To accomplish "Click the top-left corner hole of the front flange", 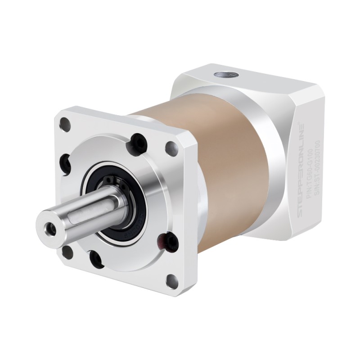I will (x=66, y=121).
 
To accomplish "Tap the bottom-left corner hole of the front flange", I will (x=67, y=252).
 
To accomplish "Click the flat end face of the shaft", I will (x=49, y=225).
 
